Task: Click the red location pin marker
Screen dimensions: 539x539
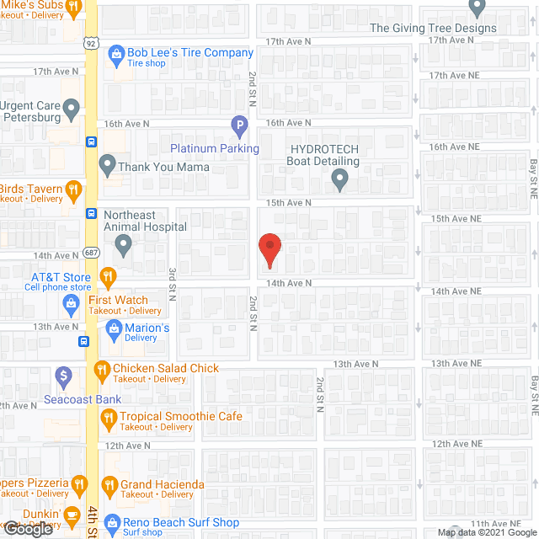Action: tap(269, 248)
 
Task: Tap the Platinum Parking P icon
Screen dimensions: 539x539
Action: tap(239, 129)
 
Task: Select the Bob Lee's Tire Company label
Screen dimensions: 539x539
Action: tap(190, 52)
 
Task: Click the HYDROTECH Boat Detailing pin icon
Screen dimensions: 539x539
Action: tap(339, 179)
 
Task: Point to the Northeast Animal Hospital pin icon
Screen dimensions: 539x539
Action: tap(124, 246)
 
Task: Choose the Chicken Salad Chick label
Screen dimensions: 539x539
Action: tap(166, 368)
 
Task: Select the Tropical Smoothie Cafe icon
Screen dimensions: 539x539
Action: tap(108, 416)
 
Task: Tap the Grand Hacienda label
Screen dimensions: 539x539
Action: tap(163, 484)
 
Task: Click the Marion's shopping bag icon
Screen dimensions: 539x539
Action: tap(114, 328)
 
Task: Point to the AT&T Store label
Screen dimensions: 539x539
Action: tap(61, 277)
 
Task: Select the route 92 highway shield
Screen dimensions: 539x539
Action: tap(90, 41)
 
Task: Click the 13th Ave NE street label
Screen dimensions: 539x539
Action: tap(455, 363)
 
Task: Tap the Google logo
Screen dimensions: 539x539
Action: tap(28, 529)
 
